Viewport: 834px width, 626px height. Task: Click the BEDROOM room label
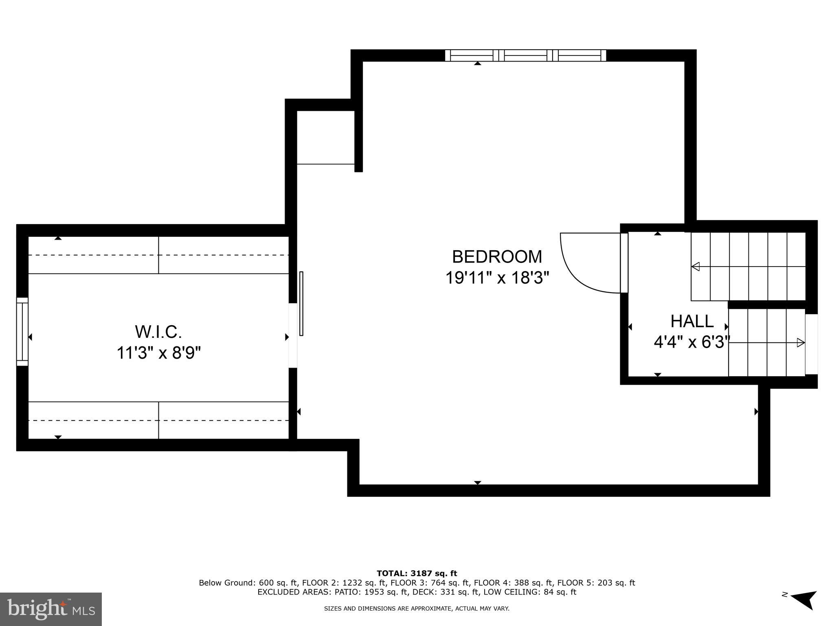(497, 257)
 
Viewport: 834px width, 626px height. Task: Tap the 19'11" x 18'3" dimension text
(497, 278)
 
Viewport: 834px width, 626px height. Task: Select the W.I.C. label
(158, 332)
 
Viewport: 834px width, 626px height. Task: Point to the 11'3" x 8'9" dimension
(158, 353)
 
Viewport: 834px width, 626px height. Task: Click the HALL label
(692, 321)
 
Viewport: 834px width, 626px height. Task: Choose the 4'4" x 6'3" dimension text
(691, 342)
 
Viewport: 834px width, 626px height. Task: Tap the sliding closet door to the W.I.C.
(301, 304)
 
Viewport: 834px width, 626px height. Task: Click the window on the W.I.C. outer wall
(22, 332)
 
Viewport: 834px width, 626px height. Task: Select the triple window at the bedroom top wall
(525, 55)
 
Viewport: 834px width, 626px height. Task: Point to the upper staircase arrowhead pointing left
(696, 267)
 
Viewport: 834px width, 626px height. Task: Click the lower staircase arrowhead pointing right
(801, 343)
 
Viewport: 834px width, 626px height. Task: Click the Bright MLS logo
(51, 609)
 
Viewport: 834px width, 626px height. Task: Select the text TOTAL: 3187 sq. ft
(417, 573)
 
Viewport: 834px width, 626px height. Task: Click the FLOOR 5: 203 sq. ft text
(596, 583)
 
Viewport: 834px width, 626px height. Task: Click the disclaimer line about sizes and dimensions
(417, 608)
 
